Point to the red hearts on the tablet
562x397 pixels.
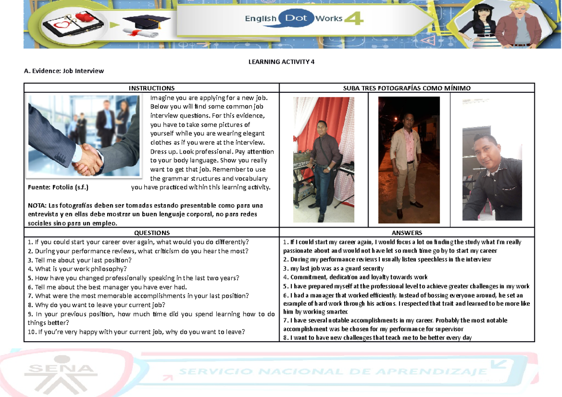82,18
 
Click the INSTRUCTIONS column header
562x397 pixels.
152,88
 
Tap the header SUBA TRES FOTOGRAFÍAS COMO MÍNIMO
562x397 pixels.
407,88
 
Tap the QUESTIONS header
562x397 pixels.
152,233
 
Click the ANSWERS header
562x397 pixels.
407,233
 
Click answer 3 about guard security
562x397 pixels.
333,268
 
